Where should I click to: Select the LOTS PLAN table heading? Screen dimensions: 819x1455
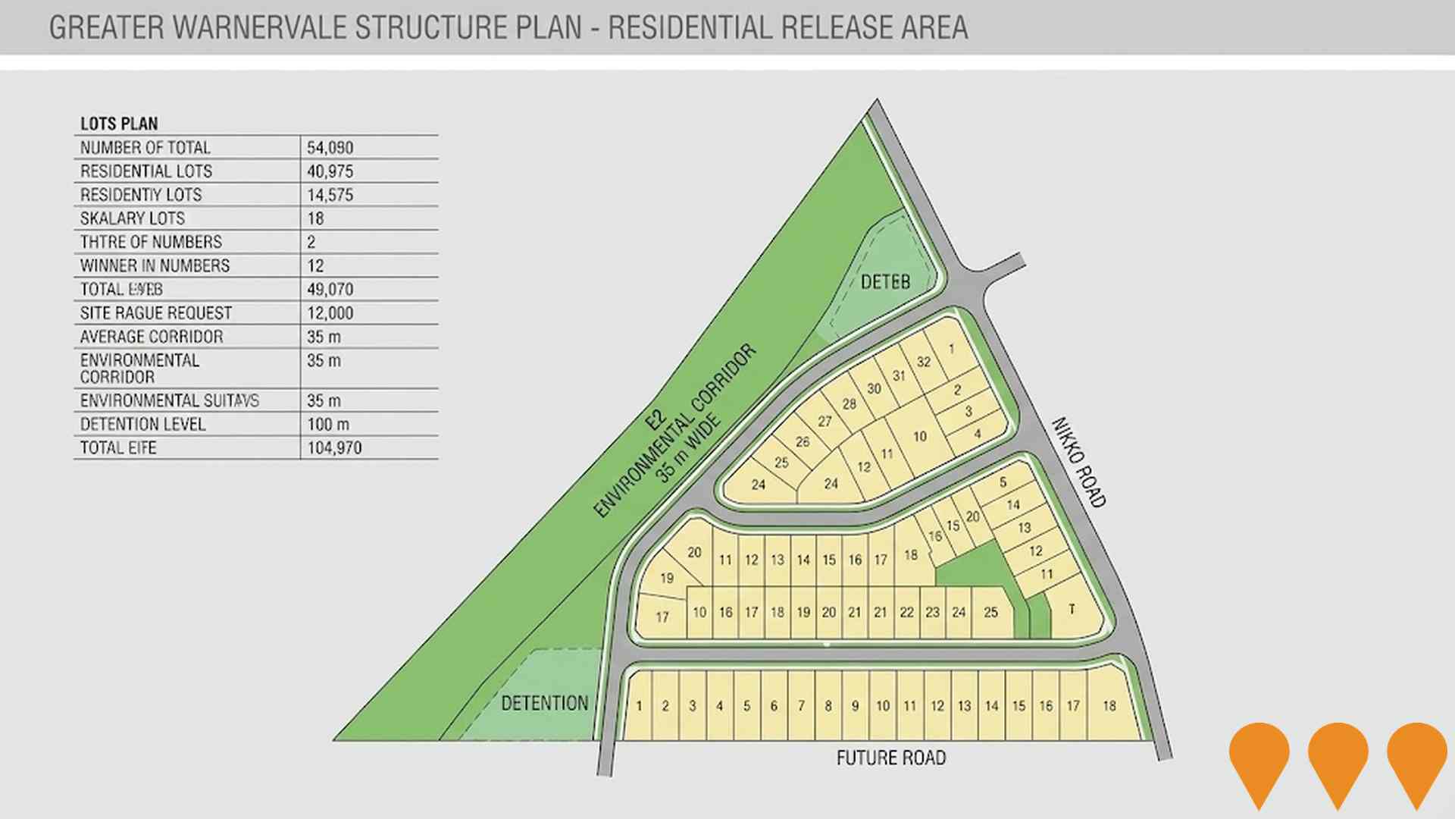click(x=119, y=124)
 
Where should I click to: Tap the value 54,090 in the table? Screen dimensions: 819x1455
click(x=330, y=147)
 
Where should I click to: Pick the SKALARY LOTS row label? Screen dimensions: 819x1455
click(x=133, y=218)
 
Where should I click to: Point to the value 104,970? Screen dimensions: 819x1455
click(x=334, y=447)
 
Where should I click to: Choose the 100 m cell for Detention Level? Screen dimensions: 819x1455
click(x=328, y=424)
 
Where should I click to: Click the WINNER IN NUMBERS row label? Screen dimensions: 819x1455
click(x=155, y=265)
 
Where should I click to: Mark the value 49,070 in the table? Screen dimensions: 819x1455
click(x=330, y=289)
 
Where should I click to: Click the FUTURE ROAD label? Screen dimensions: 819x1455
click(x=891, y=758)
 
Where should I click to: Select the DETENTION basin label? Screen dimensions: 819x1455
click(x=545, y=703)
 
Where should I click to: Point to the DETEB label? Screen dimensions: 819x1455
click(x=885, y=282)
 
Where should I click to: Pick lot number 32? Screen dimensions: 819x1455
click(x=923, y=362)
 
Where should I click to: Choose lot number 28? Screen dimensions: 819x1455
click(x=849, y=404)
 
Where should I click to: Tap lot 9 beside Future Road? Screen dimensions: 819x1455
click(x=855, y=706)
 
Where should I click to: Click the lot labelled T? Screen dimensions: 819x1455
click(x=1072, y=609)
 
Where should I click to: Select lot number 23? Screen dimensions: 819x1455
click(x=932, y=612)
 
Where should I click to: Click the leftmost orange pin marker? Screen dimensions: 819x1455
click(x=1259, y=758)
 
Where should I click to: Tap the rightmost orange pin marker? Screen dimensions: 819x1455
click(x=1417, y=758)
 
